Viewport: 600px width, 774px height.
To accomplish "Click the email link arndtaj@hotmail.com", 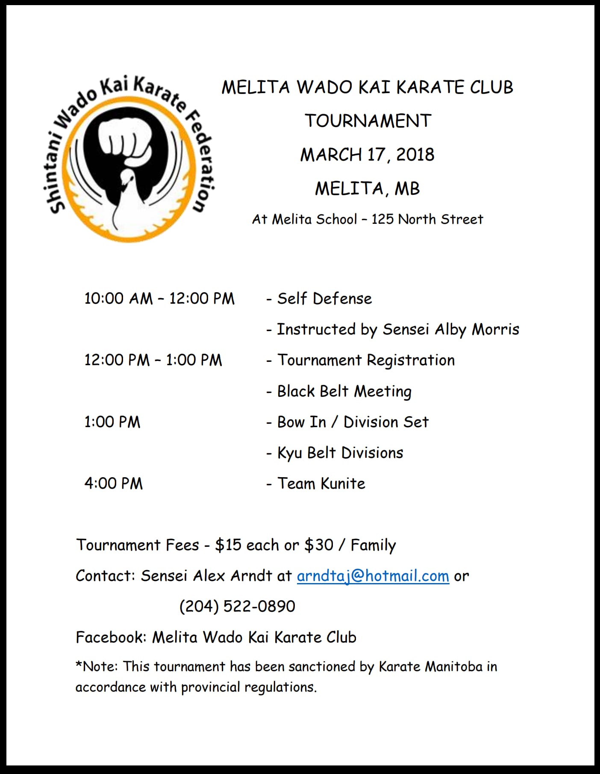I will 373,576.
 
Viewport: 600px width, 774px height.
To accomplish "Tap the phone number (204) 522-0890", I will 237,606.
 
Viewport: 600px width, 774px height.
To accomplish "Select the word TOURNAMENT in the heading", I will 368,121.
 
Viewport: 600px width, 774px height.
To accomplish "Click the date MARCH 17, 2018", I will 367,155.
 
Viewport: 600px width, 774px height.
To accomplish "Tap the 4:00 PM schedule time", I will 113,484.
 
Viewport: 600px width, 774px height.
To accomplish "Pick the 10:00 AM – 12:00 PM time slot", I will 159,299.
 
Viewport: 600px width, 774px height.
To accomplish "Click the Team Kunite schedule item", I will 321,484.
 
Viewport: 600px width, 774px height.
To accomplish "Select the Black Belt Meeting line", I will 344,391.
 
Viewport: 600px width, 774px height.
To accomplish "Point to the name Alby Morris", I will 477,329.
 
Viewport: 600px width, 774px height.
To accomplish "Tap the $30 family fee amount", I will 318,545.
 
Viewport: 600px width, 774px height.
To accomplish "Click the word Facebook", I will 111,637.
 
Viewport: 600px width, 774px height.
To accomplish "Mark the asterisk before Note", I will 79,665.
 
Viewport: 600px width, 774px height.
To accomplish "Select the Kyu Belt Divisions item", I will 340,453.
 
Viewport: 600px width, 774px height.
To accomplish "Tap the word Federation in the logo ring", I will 203,162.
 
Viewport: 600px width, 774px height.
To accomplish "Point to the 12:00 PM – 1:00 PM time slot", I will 153,360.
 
